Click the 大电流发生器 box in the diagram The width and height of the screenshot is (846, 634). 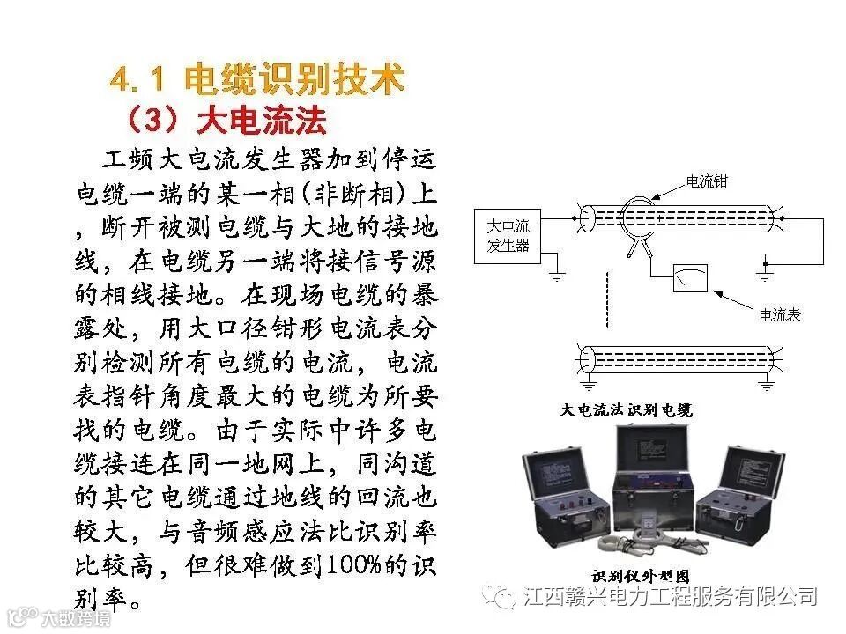(x=508, y=235)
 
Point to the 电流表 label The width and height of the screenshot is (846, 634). (x=780, y=314)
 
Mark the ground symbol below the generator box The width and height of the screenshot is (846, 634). (x=556, y=276)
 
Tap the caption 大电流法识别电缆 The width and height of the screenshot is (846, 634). (x=627, y=409)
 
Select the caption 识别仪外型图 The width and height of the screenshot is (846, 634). (x=628, y=577)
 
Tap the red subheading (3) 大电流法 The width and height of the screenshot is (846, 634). (x=226, y=119)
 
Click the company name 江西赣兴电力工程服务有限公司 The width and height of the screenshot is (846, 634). (x=670, y=597)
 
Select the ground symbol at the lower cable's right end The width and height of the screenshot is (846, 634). (x=767, y=383)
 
